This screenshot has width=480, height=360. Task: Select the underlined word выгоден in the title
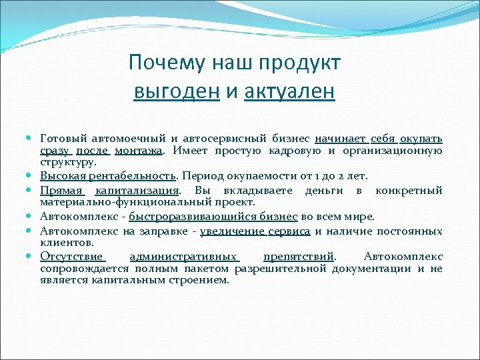[x=177, y=91]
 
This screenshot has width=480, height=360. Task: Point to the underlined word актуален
[x=289, y=91]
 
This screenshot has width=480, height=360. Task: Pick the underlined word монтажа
[x=139, y=151]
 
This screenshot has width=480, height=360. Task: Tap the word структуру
[x=68, y=162]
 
